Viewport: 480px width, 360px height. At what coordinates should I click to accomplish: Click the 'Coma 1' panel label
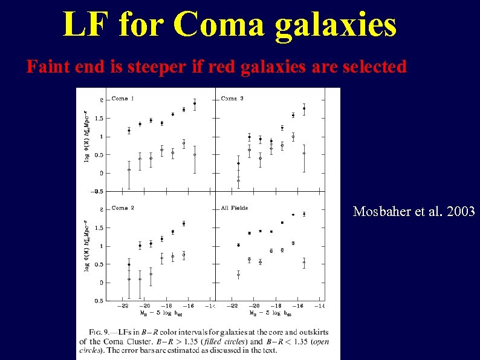point(123,99)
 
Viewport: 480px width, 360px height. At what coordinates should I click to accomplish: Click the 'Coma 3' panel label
point(233,99)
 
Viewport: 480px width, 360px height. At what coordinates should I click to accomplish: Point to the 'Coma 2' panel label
point(123,208)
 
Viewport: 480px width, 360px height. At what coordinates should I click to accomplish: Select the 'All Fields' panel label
point(235,208)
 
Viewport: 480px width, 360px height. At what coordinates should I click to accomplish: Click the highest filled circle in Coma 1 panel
point(195,103)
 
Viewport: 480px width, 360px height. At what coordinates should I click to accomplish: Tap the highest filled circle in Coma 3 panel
point(304,108)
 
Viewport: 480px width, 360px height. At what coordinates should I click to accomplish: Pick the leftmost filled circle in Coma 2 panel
point(129,264)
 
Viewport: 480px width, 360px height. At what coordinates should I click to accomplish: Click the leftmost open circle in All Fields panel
point(238,274)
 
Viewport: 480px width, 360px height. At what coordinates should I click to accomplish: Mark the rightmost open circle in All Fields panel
point(304,263)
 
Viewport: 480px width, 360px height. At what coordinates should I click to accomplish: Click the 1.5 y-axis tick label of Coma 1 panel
point(98,119)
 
